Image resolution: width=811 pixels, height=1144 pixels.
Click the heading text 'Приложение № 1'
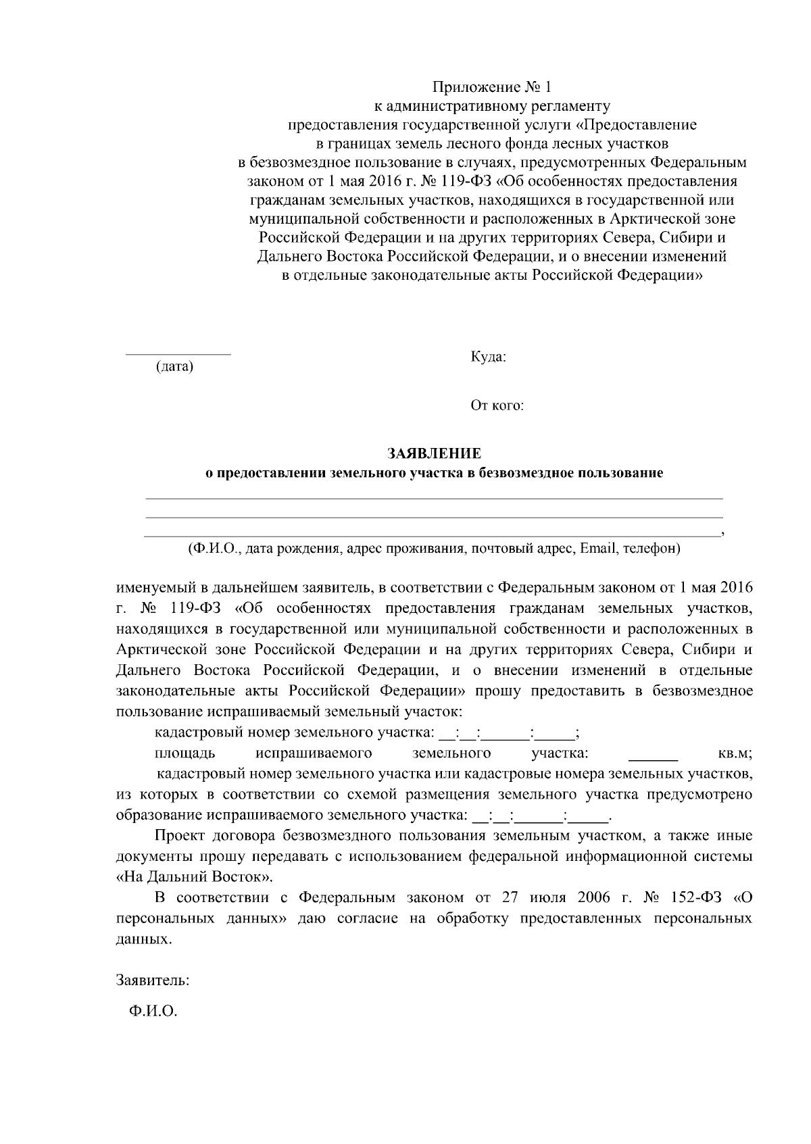click(492, 87)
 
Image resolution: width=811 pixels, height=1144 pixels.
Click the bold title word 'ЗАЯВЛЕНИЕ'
click(434, 453)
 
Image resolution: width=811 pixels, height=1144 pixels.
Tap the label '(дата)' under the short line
click(174, 367)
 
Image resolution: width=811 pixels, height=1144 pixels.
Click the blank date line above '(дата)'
click(178, 353)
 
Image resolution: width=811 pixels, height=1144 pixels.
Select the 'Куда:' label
click(488, 357)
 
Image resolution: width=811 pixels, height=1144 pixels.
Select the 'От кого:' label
click(497, 405)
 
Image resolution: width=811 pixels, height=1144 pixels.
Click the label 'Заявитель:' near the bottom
click(153, 980)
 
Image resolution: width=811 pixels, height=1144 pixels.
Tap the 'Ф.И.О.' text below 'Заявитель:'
click(153, 1012)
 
